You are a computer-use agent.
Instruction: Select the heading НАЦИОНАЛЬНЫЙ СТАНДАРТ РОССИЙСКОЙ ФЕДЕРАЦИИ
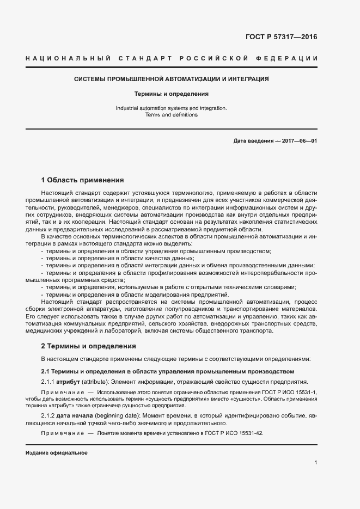coord(172,58)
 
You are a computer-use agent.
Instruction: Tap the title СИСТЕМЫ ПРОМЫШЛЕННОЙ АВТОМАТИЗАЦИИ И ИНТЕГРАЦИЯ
coord(172,79)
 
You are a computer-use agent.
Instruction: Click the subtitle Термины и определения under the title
coord(172,94)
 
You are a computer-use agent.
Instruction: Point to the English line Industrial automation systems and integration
coord(172,108)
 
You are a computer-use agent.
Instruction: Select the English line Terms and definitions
coord(172,115)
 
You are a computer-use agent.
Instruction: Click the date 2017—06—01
coord(299,141)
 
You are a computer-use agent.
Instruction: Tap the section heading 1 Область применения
coord(83,180)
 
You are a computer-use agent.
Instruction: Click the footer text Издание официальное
coord(57,453)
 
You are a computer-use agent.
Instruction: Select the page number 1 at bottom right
coord(315,463)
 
